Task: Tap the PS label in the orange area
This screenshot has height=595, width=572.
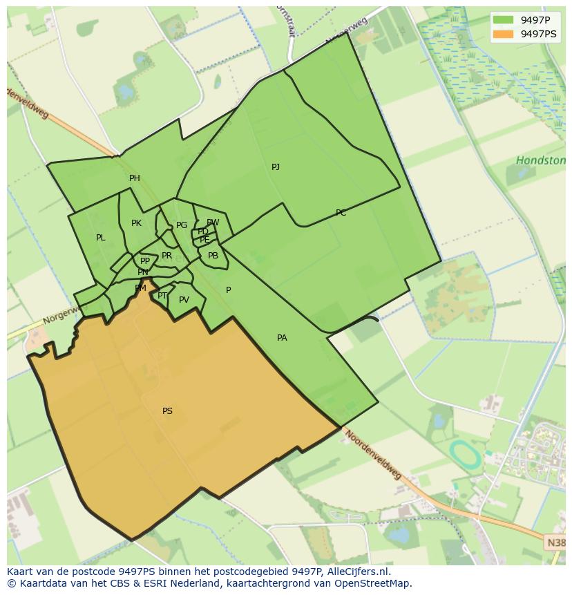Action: [167, 411]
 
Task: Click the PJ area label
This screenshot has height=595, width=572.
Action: [276, 167]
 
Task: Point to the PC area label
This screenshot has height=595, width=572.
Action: [341, 213]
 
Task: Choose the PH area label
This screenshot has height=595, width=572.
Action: [135, 178]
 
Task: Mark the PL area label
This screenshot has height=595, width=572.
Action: [101, 238]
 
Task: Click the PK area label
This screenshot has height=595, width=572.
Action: [136, 223]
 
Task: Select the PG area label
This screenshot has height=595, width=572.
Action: [182, 225]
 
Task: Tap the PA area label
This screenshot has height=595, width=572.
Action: [282, 338]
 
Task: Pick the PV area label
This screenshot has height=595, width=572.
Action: [184, 300]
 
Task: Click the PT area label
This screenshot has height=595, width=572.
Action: [162, 296]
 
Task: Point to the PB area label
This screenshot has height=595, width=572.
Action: [213, 256]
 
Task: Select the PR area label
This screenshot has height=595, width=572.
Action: [166, 256]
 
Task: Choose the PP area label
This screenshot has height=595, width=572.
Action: [145, 261]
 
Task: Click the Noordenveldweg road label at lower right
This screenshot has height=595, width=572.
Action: [373, 455]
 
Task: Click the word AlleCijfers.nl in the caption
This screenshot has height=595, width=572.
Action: [356, 572]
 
